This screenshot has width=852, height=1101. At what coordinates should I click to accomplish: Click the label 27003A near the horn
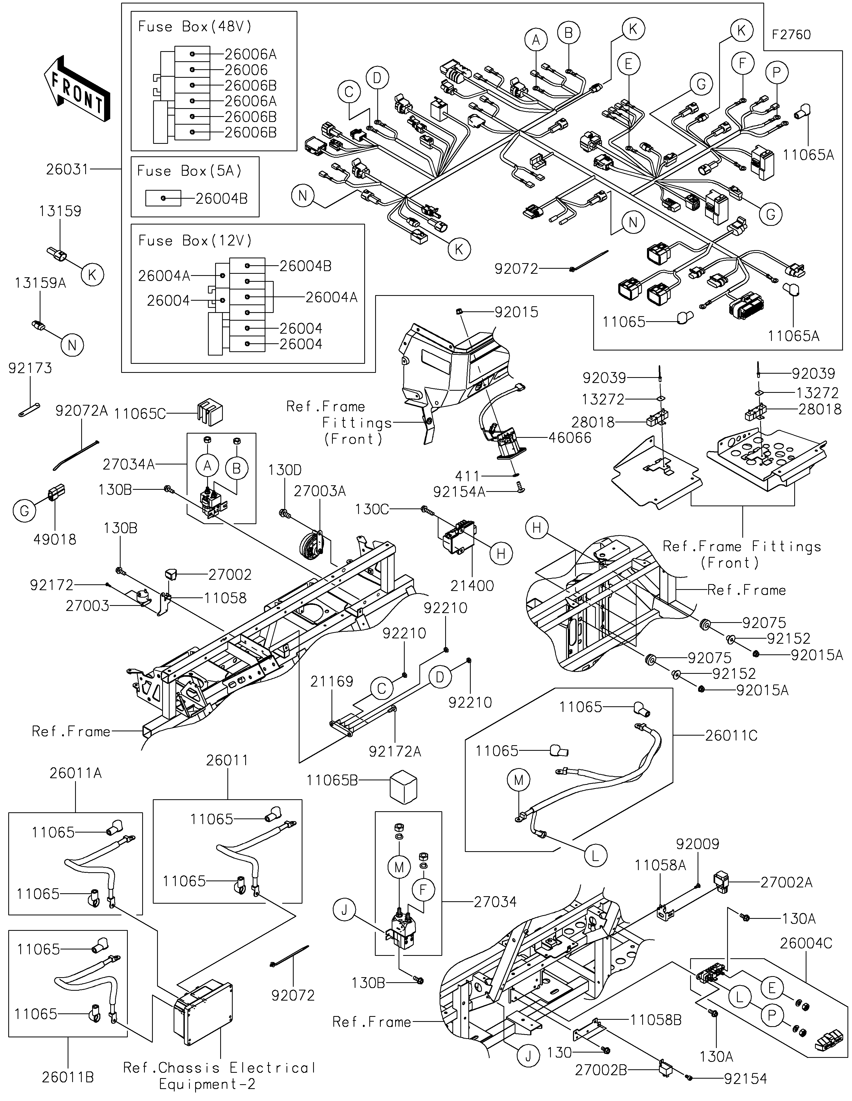320,491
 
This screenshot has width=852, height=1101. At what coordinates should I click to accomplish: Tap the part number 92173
30,369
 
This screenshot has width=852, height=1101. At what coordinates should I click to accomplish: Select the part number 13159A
40,283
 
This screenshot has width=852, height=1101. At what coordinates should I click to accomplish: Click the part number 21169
331,682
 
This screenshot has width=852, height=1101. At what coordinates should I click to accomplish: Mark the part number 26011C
731,736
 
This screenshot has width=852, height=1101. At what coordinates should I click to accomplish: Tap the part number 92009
698,844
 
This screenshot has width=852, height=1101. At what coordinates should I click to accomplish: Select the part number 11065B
332,780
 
